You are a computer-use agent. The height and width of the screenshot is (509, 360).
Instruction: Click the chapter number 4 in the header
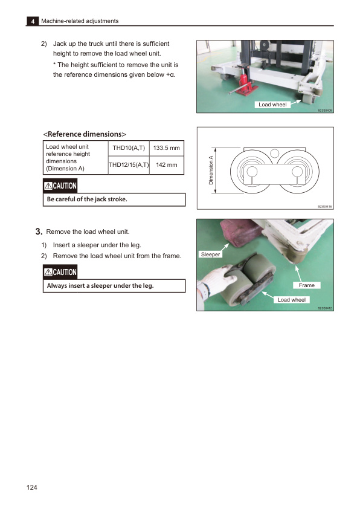(x=31, y=21)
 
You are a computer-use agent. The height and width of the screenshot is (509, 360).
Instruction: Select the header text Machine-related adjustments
(x=79, y=21)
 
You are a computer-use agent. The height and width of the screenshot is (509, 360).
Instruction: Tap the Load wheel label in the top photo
(x=272, y=105)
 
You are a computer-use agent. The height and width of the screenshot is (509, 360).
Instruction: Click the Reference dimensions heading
(x=84, y=133)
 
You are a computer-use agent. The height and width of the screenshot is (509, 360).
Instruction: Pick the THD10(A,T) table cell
(x=128, y=148)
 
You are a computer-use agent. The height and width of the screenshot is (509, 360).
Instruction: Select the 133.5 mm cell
(x=167, y=148)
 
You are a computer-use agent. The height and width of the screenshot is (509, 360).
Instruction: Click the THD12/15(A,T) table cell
(x=128, y=164)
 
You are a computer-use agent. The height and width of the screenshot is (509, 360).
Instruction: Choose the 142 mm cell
(x=167, y=164)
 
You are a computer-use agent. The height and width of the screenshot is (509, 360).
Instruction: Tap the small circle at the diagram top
(x=274, y=152)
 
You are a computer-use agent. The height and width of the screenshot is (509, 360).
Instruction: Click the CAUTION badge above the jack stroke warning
(x=60, y=186)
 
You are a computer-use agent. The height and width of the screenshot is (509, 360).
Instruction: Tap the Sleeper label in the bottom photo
(x=211, y=254)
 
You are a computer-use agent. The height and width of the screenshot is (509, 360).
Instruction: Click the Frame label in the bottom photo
(x=307, y=285)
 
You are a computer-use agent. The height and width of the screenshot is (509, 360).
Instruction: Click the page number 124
(x=33, y=487)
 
